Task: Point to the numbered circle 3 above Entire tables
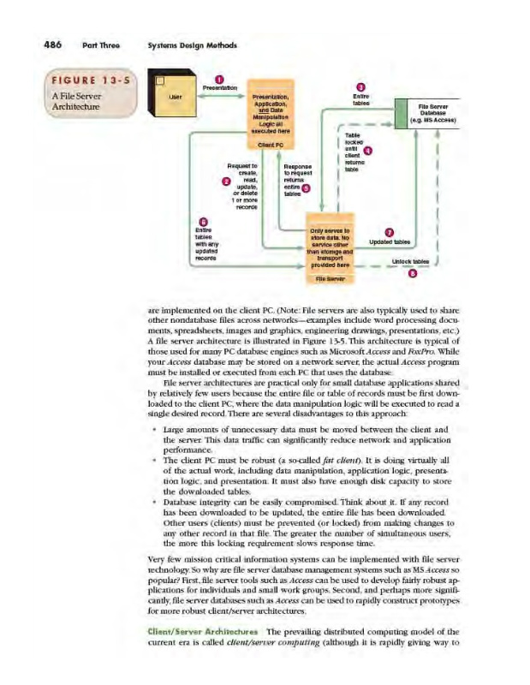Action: tap(360, 86)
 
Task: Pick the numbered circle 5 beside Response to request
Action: tap(306, 188)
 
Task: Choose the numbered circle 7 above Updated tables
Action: tap(390, 232)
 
